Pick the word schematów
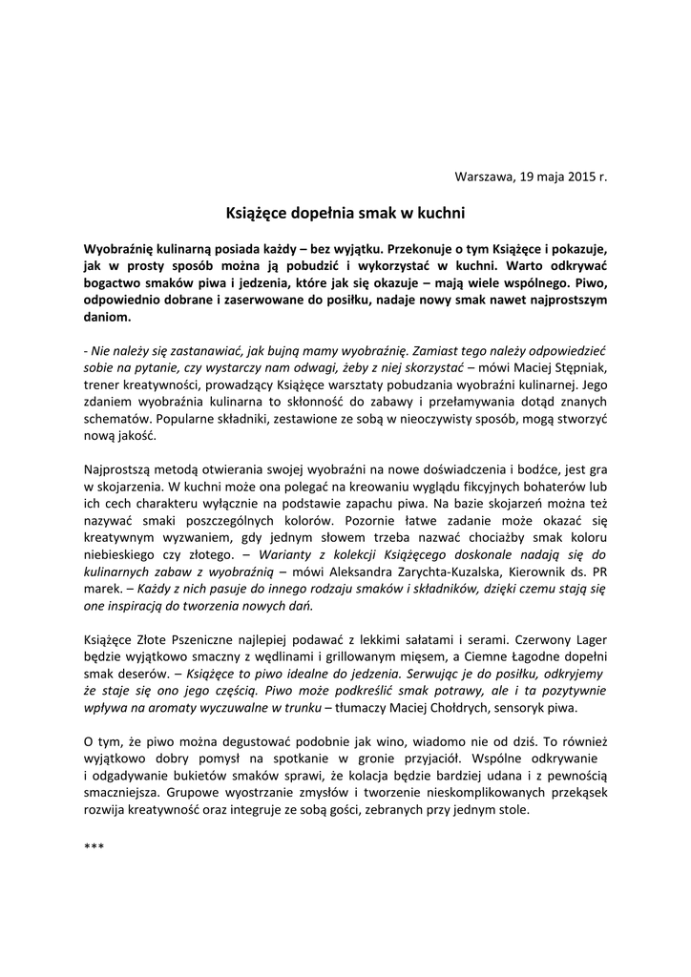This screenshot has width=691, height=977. tap(115, 418)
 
